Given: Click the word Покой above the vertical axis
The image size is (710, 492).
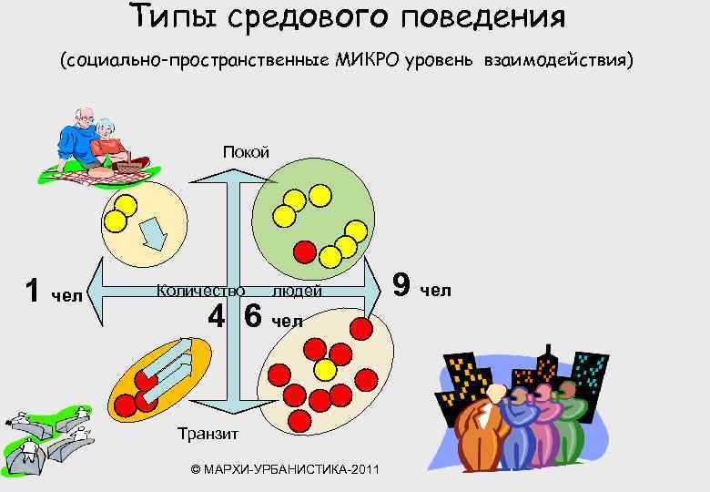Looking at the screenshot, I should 246,151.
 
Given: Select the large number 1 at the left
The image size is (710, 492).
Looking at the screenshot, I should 33,291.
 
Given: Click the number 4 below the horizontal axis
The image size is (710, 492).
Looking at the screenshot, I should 216,316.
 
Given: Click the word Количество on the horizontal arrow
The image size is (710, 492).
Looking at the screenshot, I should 200,291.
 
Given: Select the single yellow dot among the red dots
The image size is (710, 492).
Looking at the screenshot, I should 324,369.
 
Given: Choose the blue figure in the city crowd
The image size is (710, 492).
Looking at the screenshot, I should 519,428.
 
